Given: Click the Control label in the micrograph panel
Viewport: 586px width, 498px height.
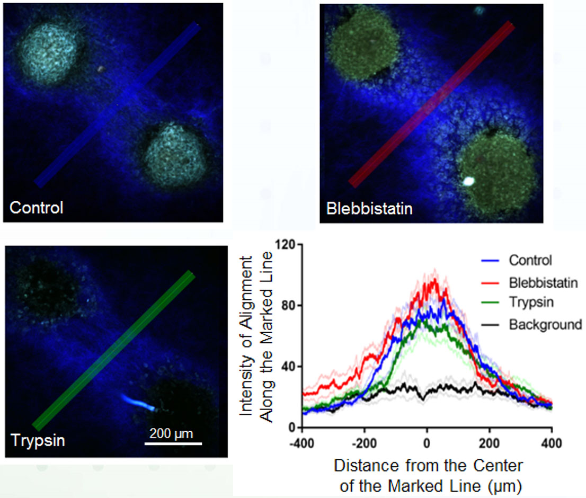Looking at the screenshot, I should [x=36, y=207].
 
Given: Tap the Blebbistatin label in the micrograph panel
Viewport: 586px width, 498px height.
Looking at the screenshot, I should [x=369, y=208].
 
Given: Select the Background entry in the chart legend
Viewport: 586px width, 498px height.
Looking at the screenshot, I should [x=545, y=324].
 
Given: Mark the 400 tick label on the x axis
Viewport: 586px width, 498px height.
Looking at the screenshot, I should [x=552, y=441].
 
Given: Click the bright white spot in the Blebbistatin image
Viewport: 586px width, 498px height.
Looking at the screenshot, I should [x=467, y=181].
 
